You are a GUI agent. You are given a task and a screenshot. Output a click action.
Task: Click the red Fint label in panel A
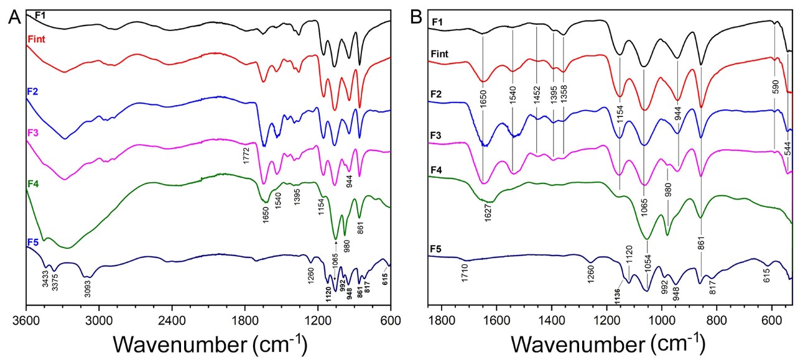click(37, 39)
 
